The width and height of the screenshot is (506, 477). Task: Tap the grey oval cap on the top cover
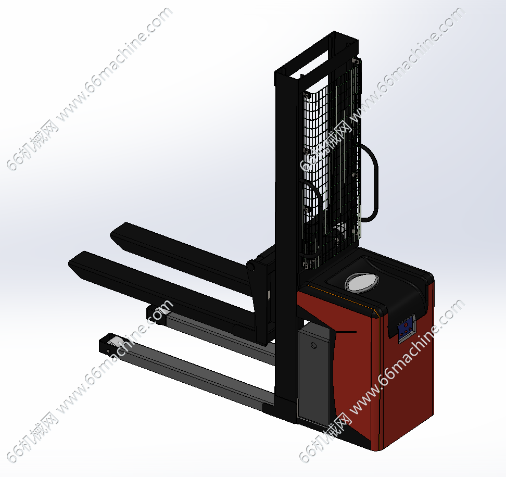pyautogui.click(x=362, y=282)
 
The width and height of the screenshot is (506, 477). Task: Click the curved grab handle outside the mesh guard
pyautogui.click(x=371, y=182)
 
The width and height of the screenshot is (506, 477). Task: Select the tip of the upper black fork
pyautogui.click(x=113, y=234)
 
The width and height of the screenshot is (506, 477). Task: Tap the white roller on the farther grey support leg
pyautogui.click(x=159, y=312)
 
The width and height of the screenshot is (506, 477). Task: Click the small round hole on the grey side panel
pyautogui.click(x=313, y=346)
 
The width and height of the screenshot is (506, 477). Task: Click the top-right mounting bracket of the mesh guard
pyautogui.click(x=356, y=61)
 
